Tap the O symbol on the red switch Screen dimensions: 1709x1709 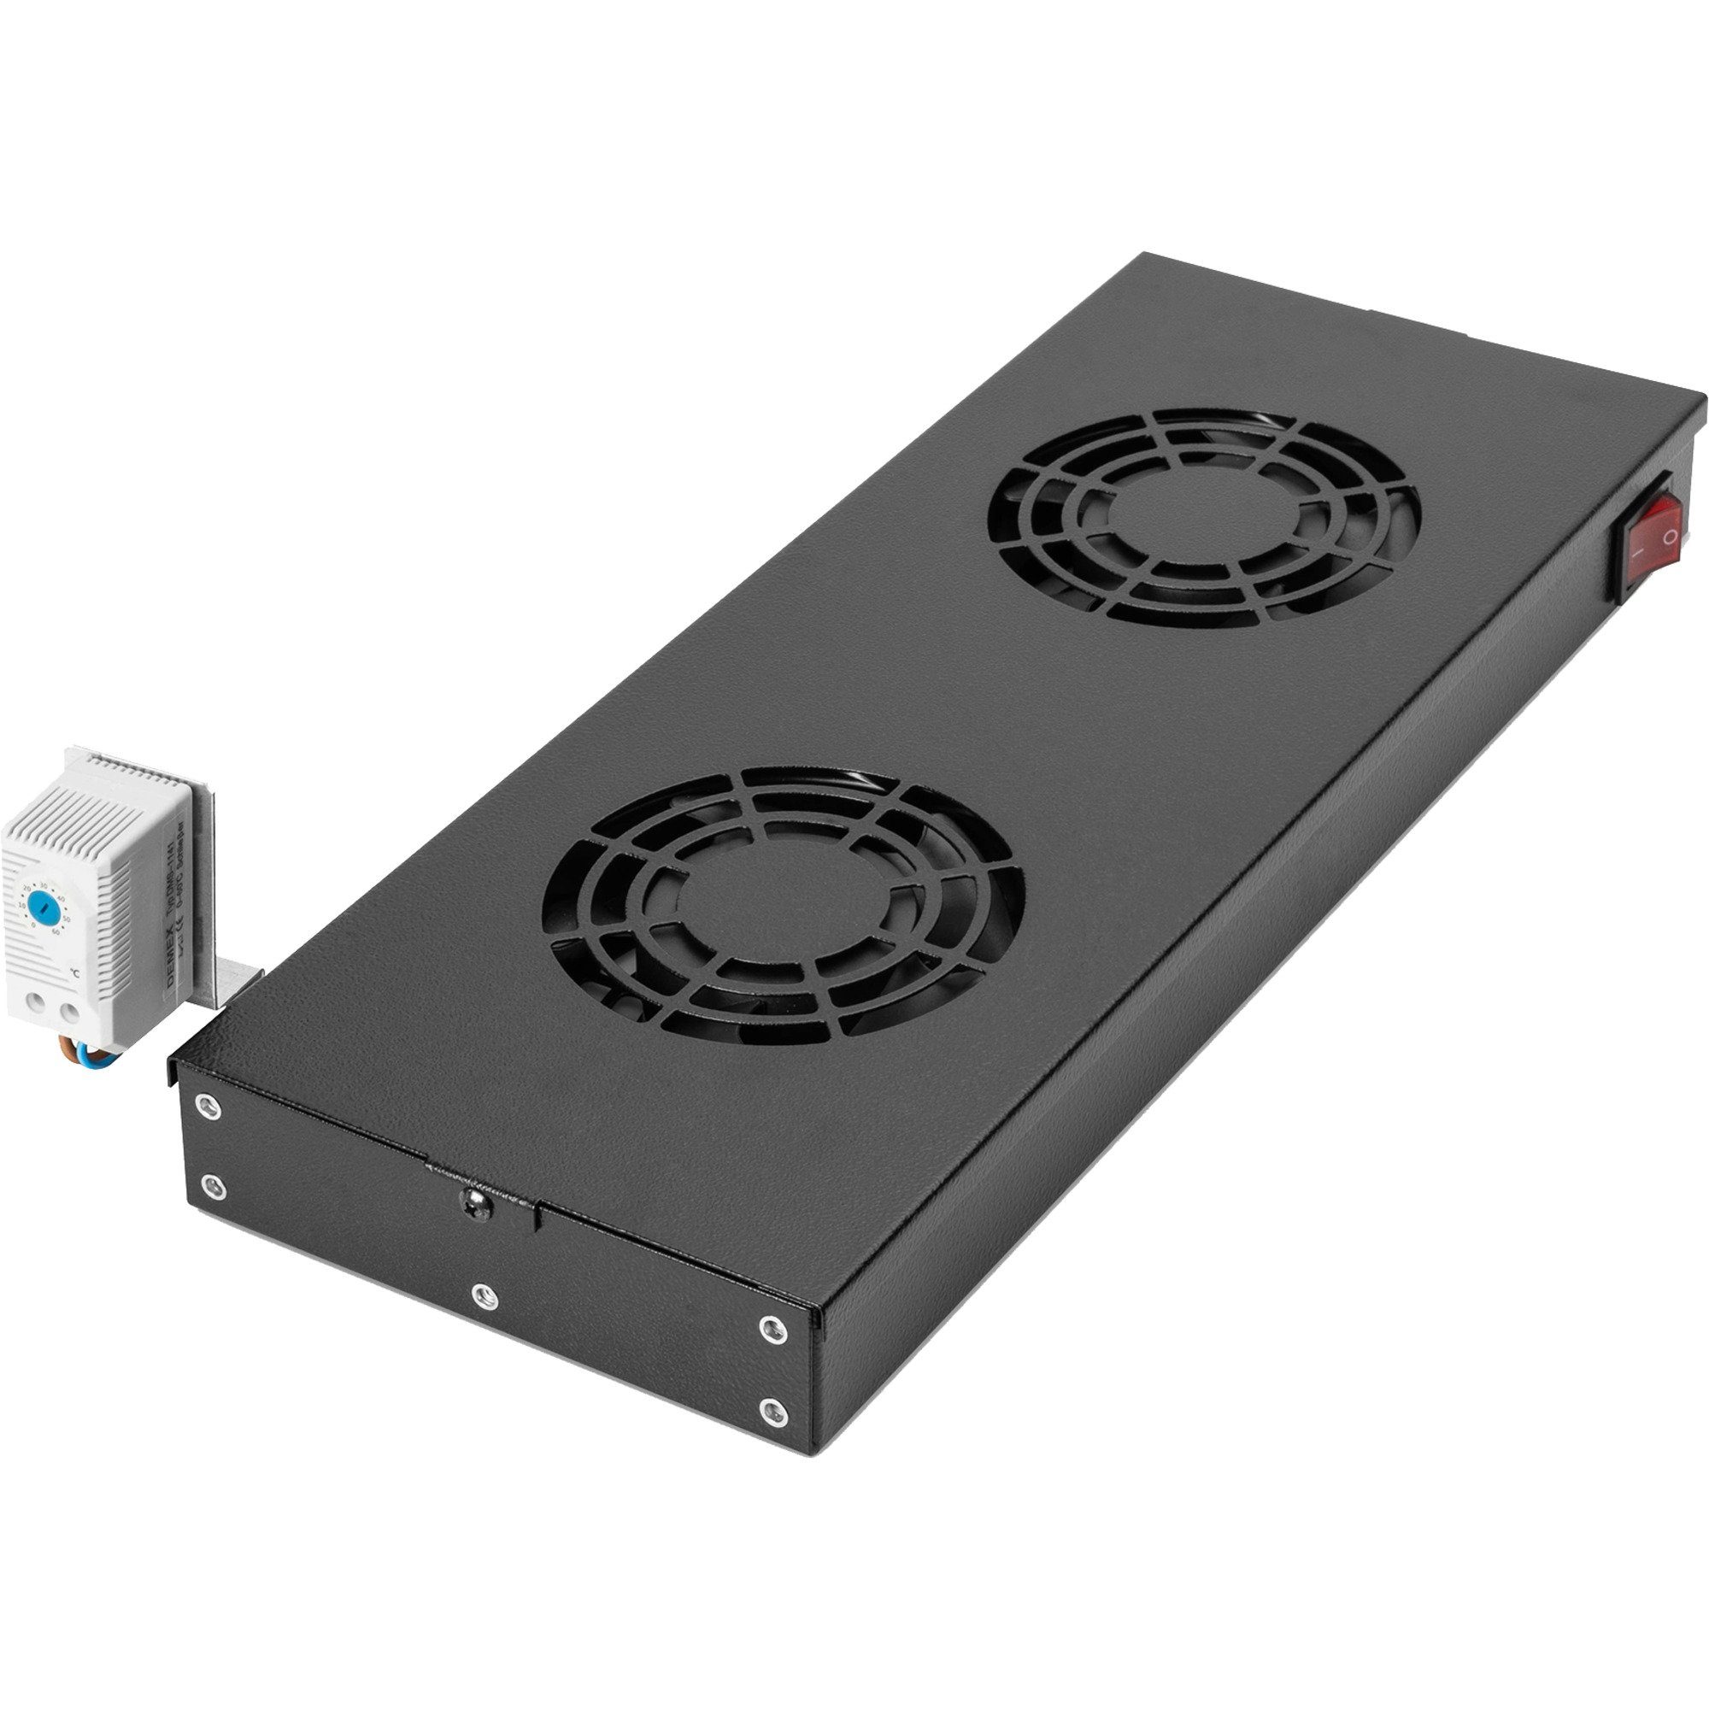click(1670, 536)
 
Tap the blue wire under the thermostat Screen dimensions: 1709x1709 click(108, 1054)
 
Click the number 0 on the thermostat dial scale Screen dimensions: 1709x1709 click(33, 925)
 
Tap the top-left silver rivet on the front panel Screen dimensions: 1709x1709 click(207, 1105)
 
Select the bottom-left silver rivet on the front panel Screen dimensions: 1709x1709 click(211, 1185)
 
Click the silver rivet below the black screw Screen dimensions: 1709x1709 click(484, 1296)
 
